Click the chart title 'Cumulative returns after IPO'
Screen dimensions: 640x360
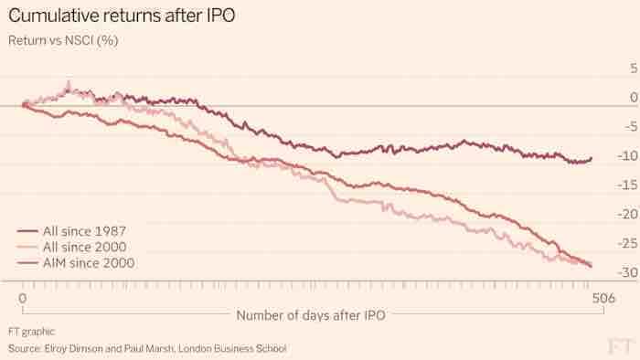click(x=122, y=16)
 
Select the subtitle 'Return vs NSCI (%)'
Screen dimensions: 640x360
click(x=63, y=40)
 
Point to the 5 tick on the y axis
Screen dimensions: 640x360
click(x=634, y=69)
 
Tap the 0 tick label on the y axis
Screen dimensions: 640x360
click(x=634, y=98)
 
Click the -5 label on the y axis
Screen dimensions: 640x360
click(x=631, y=127)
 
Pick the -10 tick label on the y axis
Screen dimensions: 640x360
click(x=628, y=155)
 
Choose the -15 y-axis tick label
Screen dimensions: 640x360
click(x=628, y=185)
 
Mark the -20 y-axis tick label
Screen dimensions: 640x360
click(x=628, y=214)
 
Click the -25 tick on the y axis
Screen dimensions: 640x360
click(x=628, y=243)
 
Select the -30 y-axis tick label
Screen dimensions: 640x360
click(x=628, y=272)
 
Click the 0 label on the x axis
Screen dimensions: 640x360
click(x=23, y=298)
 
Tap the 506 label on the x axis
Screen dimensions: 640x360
click(x=603, y=298)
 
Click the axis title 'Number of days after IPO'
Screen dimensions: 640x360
click(x=311, y=315)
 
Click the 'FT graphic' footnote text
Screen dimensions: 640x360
click(x=31, y=332)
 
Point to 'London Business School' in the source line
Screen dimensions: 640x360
click(x=232, y=349)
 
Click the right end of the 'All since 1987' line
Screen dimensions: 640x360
click(x=592, y=158)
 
